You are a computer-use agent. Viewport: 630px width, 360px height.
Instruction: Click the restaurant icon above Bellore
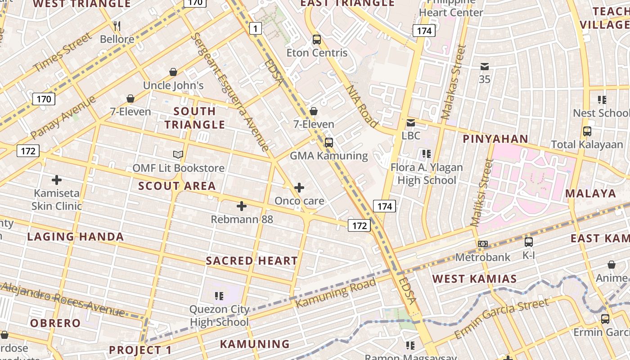pos(117,26)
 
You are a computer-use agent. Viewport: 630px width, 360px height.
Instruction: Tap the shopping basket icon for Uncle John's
pos(173,72)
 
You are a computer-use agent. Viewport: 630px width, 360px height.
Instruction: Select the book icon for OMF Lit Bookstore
pos(178,155)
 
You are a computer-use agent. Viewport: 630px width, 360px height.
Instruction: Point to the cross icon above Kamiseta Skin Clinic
pos(57,180)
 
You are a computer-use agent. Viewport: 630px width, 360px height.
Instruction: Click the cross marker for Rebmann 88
pos(242,206)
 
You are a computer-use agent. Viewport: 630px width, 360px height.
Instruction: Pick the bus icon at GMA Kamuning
pos(329,143)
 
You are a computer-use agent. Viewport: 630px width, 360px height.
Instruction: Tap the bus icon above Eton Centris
pos(317,40)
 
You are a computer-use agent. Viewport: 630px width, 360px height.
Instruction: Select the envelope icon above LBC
pos(411,123)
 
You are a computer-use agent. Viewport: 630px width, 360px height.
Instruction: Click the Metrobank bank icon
pos(483,244)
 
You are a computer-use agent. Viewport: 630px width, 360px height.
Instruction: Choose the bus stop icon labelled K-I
pos(529,242)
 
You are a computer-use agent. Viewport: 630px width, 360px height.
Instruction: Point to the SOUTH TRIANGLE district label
pos(194,117)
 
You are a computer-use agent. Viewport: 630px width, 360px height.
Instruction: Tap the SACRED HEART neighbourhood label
pos(252,261)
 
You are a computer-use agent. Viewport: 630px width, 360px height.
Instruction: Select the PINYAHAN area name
pos(495,139)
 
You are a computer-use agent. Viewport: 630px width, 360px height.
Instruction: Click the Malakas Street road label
pos(454,82)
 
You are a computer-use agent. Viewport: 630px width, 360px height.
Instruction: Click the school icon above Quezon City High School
pos(219,296)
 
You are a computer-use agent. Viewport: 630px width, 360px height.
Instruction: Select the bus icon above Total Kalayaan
pos(587,131)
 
